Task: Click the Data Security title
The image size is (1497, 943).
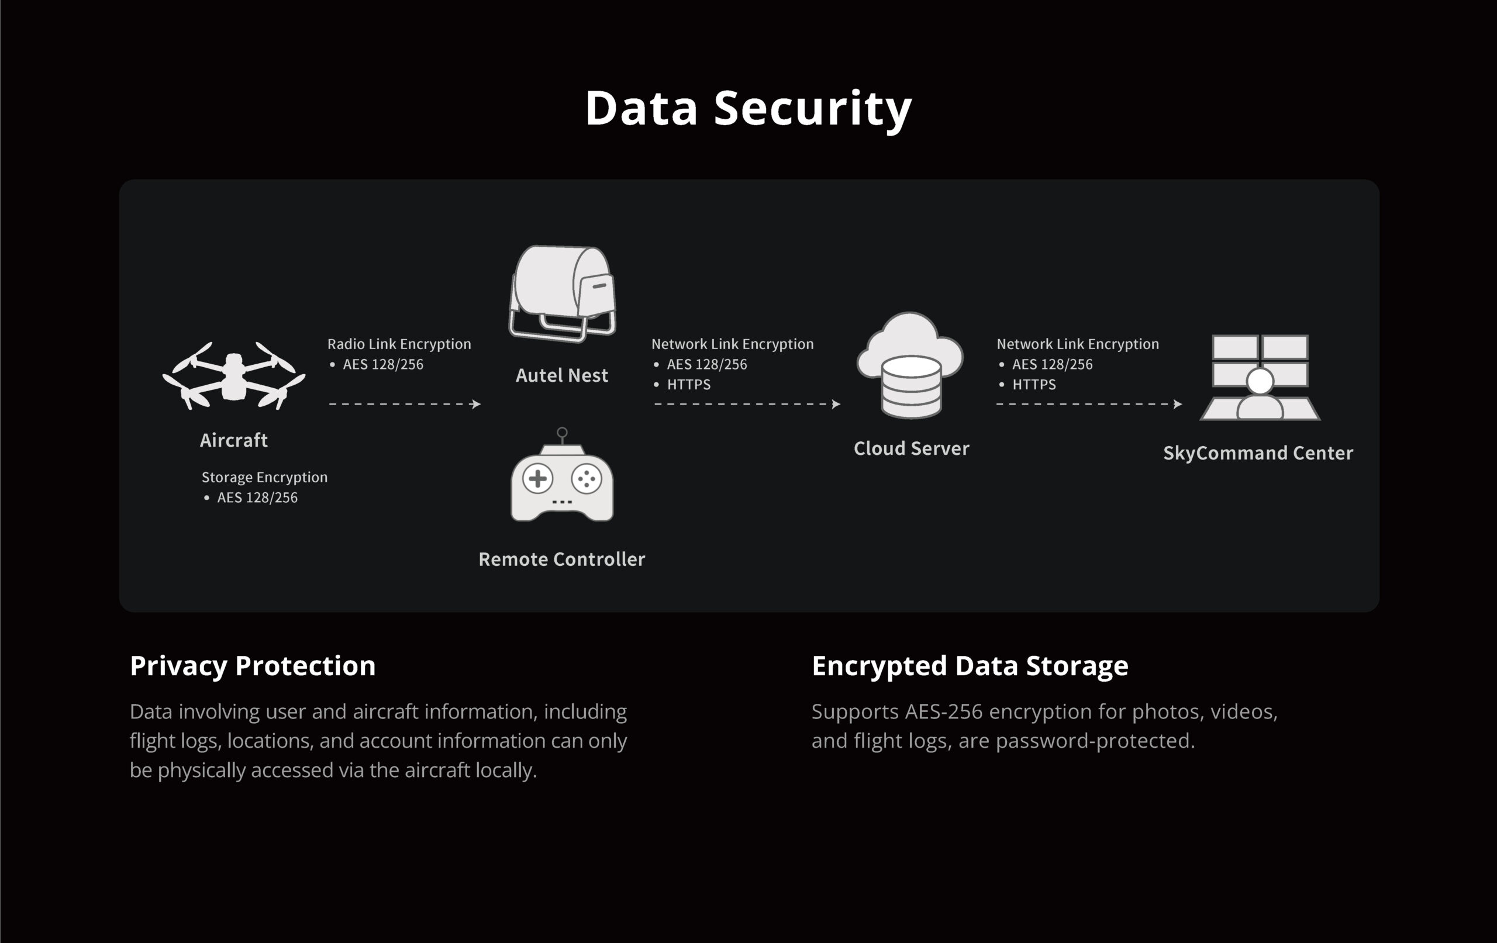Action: pyautogui.click(x=748, y=109)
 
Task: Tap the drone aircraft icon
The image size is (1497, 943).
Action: pyautogui.click(x=234, y=375)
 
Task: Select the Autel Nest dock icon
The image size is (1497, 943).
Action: pyautogui.click(x=562, y=293)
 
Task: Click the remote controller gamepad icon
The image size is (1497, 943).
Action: pyautogui.click(x=562, y=474)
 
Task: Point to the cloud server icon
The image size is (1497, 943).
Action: pyautogui.click(x=910, y=365)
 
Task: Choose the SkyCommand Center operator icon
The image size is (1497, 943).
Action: pyautogui.click(x=1260, y=378)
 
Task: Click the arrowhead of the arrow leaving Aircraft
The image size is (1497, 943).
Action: pyautogui.click(x=477, y=404)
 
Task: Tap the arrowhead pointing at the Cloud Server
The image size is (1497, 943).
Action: pyautogui.click(x=836, y=404)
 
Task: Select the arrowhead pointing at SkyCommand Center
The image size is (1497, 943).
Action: pyautogui.click(x=1178, y=404)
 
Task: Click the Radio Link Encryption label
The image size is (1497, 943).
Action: pyautogui.click(x=399, y=344)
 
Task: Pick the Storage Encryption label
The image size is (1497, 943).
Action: pyautogui.click(x=264, y=478)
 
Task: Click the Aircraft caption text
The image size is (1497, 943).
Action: pyautogui.click(x=234, y=440)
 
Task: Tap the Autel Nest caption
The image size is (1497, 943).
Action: pyautogui.click(x=562, y=375)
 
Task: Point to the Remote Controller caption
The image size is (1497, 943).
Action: pyautogui.click(x=562, y=559)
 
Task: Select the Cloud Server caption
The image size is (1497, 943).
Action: pyautogui.click(x=912, y=448)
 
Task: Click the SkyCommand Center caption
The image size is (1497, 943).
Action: pyautogui.click(x=1258, y=453)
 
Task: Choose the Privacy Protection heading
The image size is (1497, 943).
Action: pyautogui.click(x=253, y=666)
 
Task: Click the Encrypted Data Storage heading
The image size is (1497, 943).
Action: pyautogui.click(x=970, y=666)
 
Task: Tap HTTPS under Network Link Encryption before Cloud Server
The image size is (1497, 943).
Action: pyautogui.click(x=689, y=385)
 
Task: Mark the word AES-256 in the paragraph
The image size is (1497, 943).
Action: pyautogui.click(x=944, y=711)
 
